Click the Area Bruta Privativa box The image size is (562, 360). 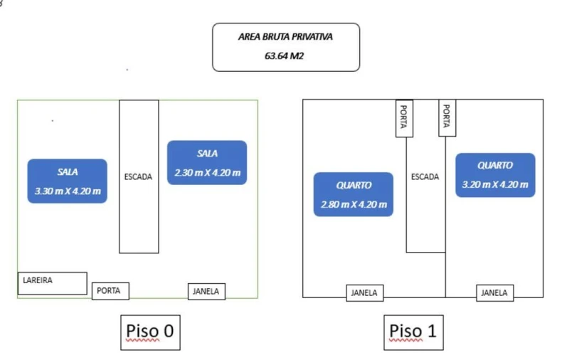pos(286,47)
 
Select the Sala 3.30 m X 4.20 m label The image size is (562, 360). pos(68,181)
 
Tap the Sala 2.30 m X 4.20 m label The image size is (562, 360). pos(207,163)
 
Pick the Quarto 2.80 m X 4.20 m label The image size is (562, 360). pos(354,194)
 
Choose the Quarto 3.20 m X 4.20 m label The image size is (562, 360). pos(495,175)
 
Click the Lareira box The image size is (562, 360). pos(52,282)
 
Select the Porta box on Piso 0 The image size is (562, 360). pos(110,291)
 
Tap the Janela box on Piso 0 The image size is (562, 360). pos(206,291)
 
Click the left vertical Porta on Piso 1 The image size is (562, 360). pos(403,117)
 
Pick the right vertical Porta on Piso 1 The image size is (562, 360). pos(447,117)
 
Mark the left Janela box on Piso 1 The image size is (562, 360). pos(366,292)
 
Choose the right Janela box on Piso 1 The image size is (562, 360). pos(494,292)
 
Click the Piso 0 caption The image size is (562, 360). pos(150,332)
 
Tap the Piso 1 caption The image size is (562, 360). pos(414,332)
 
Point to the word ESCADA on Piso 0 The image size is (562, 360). pos(138,177)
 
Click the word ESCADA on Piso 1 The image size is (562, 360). pos(425,177)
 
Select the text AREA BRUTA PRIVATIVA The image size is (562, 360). pos(285,37)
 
